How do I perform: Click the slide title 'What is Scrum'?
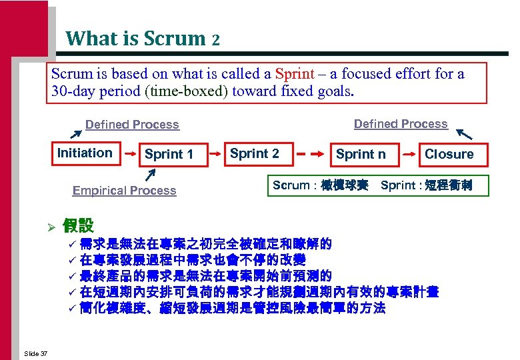point(136,39)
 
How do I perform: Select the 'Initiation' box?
point(85,153)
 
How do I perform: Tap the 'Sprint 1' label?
point(169,155)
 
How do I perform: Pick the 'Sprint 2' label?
point(255,153)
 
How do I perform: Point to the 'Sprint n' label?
point(361,155)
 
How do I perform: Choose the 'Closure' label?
point(449,155)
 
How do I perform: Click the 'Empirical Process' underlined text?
point(124,191)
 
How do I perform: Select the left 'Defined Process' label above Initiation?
point(132,125)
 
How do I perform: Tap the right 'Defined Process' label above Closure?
point(401,124)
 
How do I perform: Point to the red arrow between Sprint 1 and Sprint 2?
point(217,153)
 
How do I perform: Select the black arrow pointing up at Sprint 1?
point(152,175)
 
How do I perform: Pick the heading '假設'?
point(78,225)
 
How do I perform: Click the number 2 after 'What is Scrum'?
point(215,40)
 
